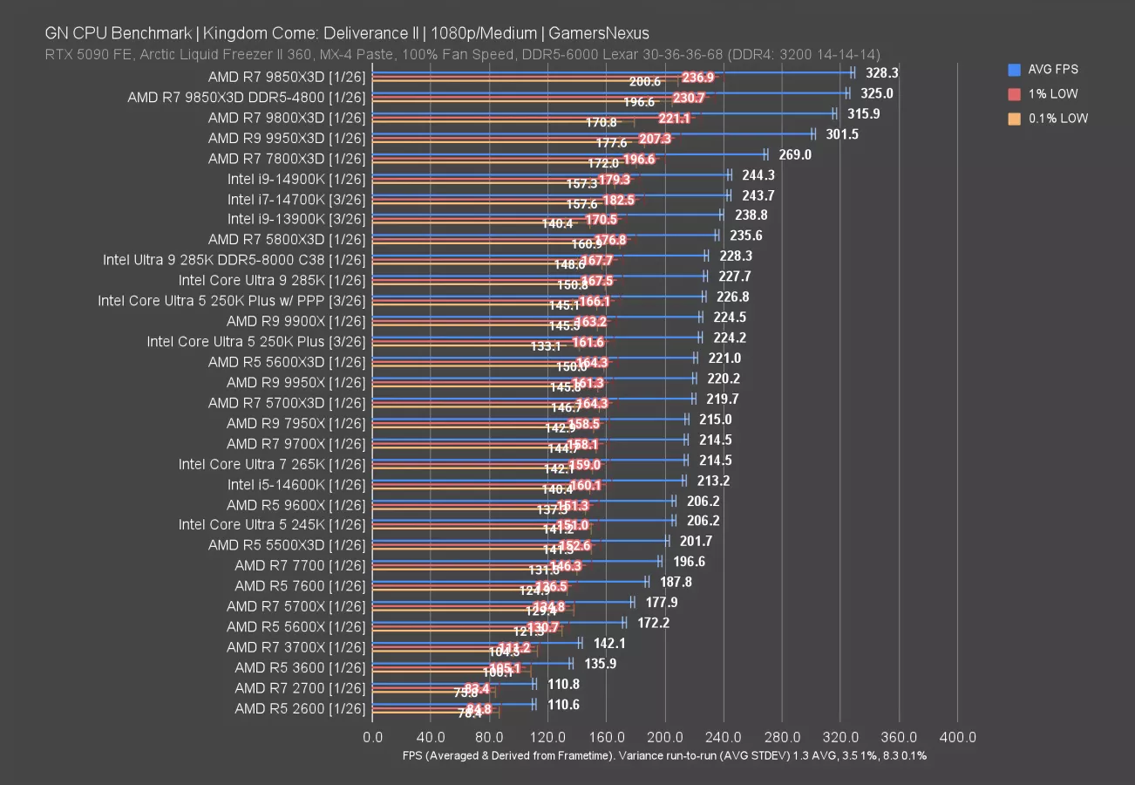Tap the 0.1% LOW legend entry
pyautogui.click(x=1057, y=119)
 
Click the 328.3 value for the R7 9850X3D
pyautogui.click(x=880, y=73)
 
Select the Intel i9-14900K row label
pyautogui.click(x=296, y=179)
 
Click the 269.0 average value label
pyautogui.click(x=794, y=154)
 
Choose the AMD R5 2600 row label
pyautogui.click(x=299, y=708)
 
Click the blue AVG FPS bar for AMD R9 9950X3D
pyautogui.click(x=592, y=134)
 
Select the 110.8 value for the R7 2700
pyautogui.click(x=563, y=684)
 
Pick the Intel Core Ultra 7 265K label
pyautogui.click(x=271, y=464)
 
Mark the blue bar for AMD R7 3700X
pyautogui.click(x=476, y=644)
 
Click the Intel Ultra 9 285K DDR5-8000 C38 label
pyautogui.click(x=234, y=260)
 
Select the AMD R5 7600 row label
pyautogui.click(x=299, y=586)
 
